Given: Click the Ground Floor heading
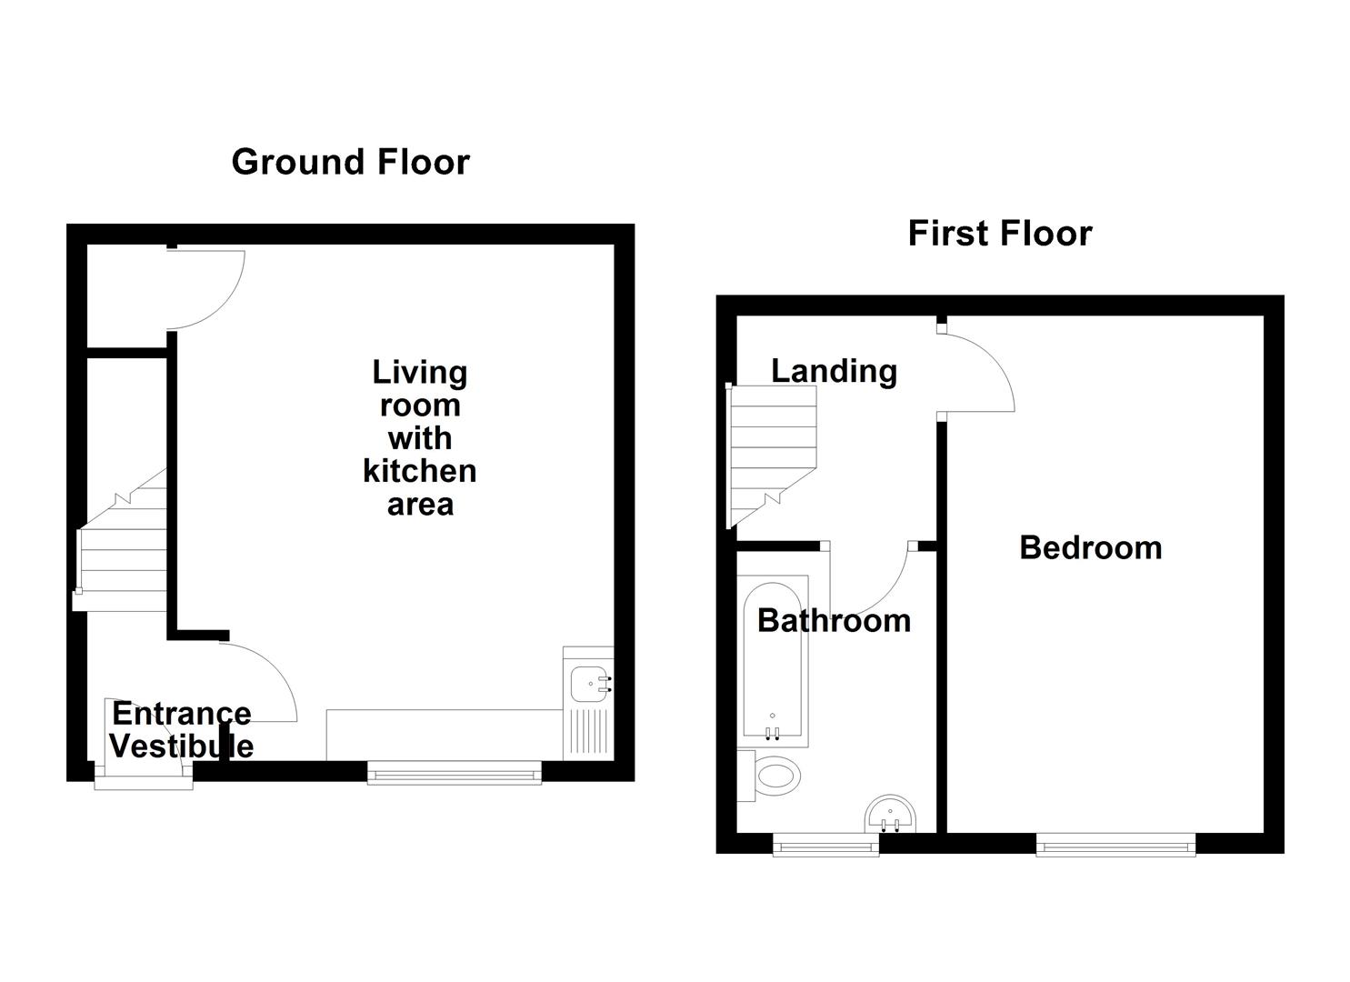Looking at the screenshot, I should (350, 162).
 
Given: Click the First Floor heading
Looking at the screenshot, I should (999, 234).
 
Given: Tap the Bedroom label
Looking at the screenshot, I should (1090, 547).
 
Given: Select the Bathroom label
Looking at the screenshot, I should (834, 620).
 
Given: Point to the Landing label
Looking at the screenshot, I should (834, 371).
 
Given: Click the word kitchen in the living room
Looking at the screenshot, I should (419, 471).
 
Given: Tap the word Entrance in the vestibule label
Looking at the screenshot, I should (181, 714).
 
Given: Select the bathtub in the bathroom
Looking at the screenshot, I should (773, 660).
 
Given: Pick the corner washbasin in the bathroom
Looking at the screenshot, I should (891, 815).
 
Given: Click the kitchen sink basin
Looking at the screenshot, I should (587, 683).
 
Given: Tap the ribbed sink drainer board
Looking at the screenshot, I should (587, 732).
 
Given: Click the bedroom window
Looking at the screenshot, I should (1115, 847).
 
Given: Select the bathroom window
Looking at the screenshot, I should (825, 847).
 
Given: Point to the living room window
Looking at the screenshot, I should (454, 774).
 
